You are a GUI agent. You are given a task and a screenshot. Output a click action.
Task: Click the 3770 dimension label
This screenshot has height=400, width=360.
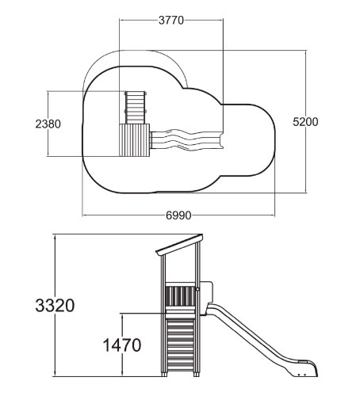[171, 20]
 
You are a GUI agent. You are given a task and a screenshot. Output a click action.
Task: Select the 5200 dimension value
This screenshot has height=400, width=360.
[305, 122]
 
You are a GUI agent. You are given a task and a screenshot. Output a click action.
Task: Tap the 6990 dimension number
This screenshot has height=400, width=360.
[178, 215]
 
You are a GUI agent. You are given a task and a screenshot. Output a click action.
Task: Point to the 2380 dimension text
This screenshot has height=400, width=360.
[48, 124]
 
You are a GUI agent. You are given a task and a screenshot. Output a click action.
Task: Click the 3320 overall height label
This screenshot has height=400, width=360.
[55, 306]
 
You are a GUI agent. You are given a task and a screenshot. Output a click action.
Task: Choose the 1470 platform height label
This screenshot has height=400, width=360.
[122, 345]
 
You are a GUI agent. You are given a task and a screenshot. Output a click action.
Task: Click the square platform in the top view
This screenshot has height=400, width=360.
[135, 140]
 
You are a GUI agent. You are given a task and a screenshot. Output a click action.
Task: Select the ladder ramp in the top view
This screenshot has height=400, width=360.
[136, 108]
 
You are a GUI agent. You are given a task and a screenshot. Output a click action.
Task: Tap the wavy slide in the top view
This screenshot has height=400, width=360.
[187, 140]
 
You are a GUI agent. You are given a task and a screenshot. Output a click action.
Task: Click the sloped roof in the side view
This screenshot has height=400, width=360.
[180, 244]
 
